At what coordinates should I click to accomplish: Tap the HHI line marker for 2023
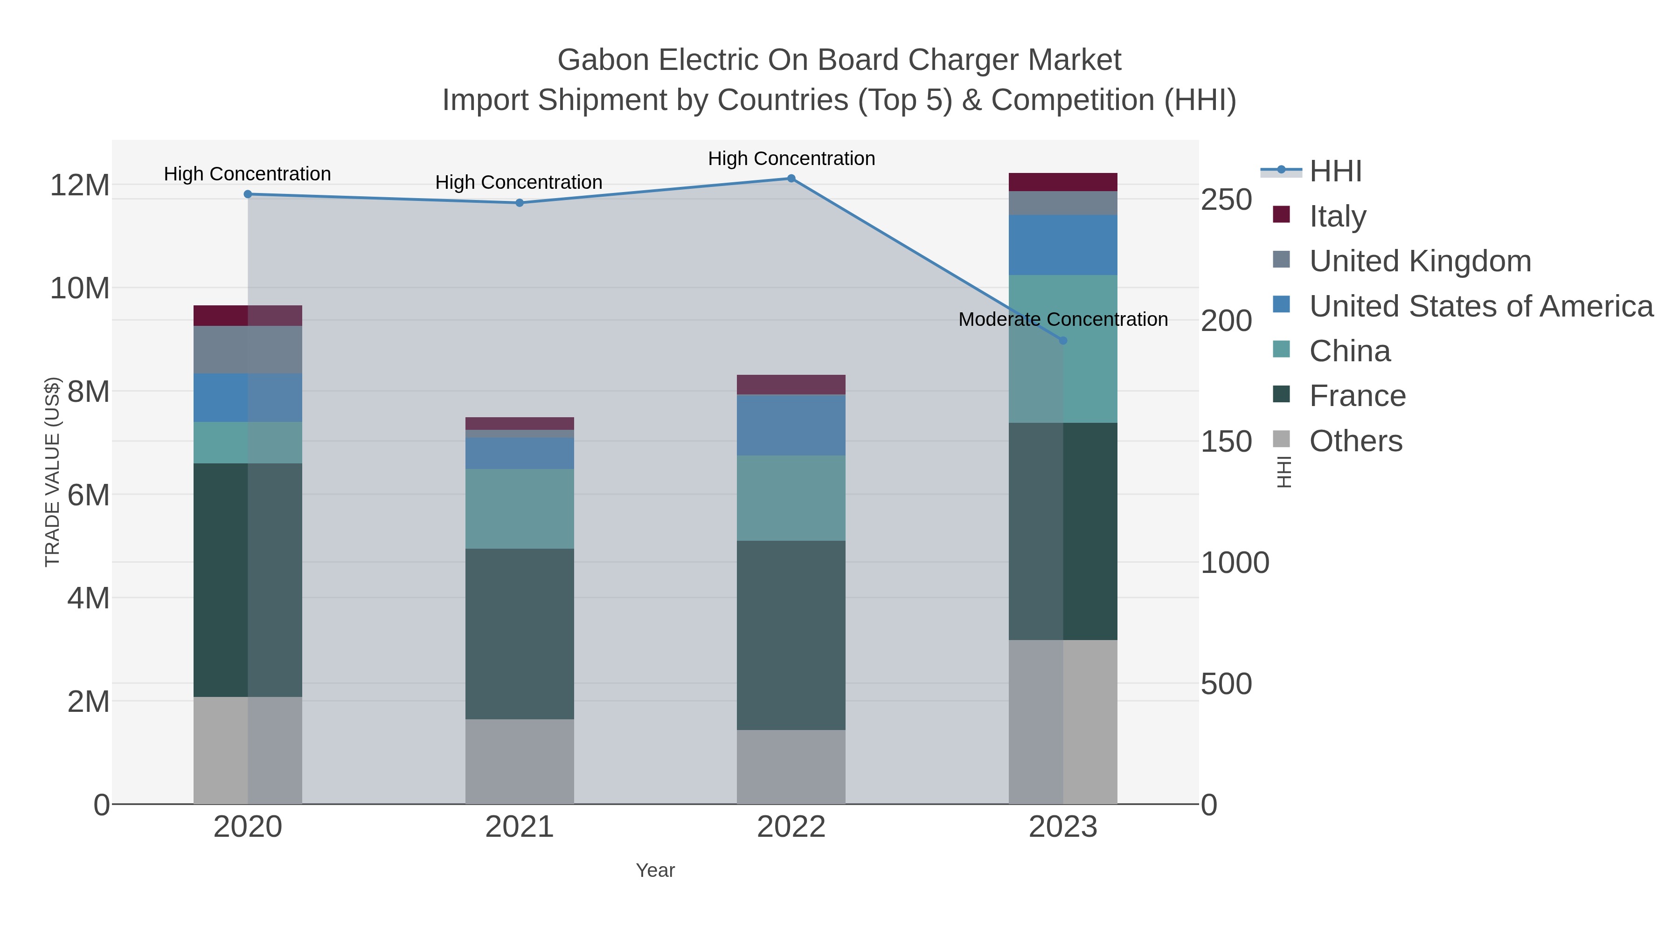[1062, 341]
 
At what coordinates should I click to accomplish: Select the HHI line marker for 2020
[248, 194]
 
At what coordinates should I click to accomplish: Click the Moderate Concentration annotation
[1062, 320]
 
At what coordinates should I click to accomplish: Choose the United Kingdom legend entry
[1420, 261]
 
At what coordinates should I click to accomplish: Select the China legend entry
[1349, 351]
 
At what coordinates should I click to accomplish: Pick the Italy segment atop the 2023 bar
[1062, 182]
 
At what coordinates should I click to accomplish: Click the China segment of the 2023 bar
[1062, 349]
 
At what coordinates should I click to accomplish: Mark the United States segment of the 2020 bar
[248, 397]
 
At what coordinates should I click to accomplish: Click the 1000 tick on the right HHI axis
[1235, 563]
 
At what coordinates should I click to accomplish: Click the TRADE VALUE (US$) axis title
[52, 472]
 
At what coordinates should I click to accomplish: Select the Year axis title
[655, 870]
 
